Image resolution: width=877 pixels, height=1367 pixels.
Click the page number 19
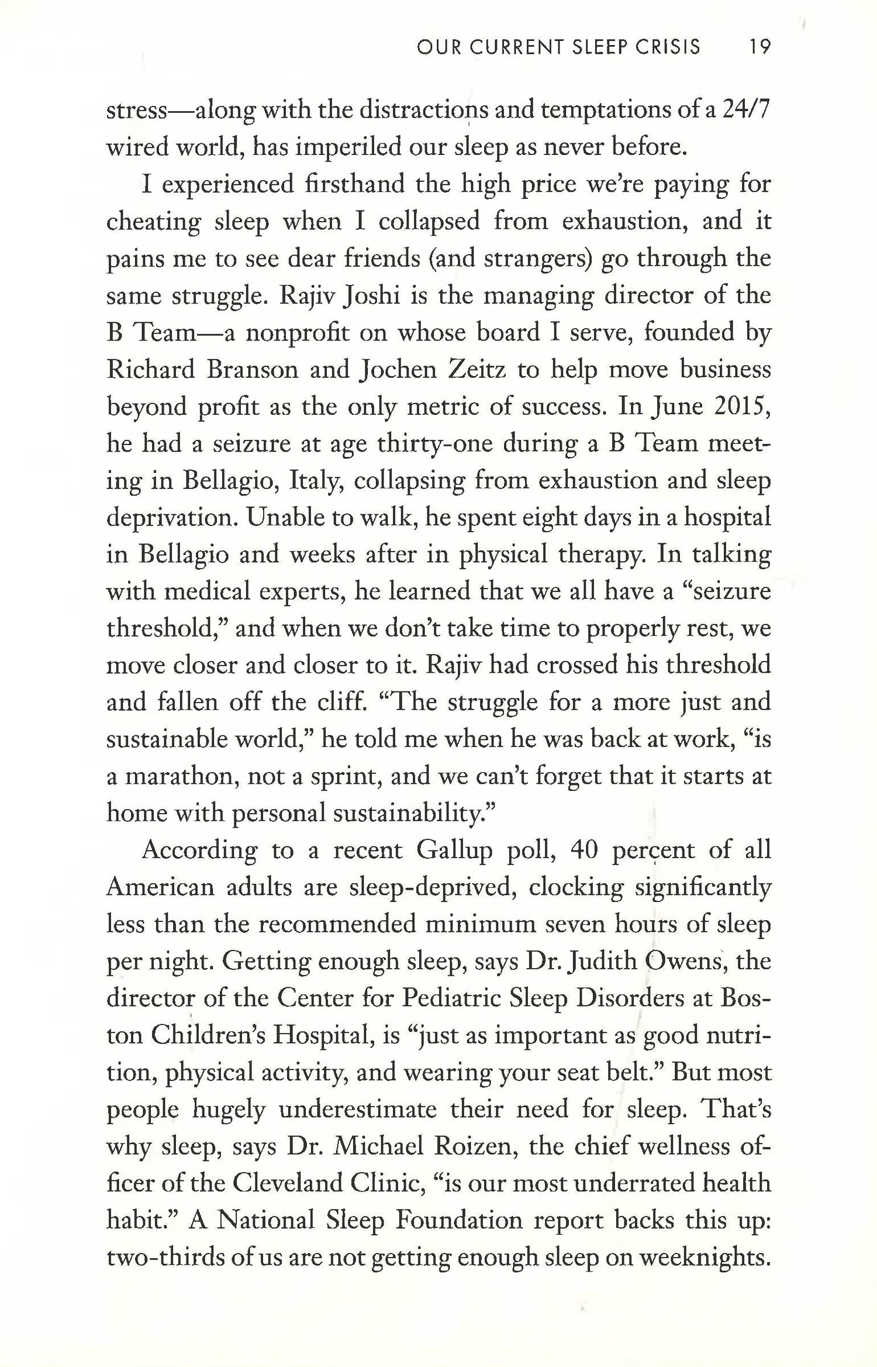pos(760,47)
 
